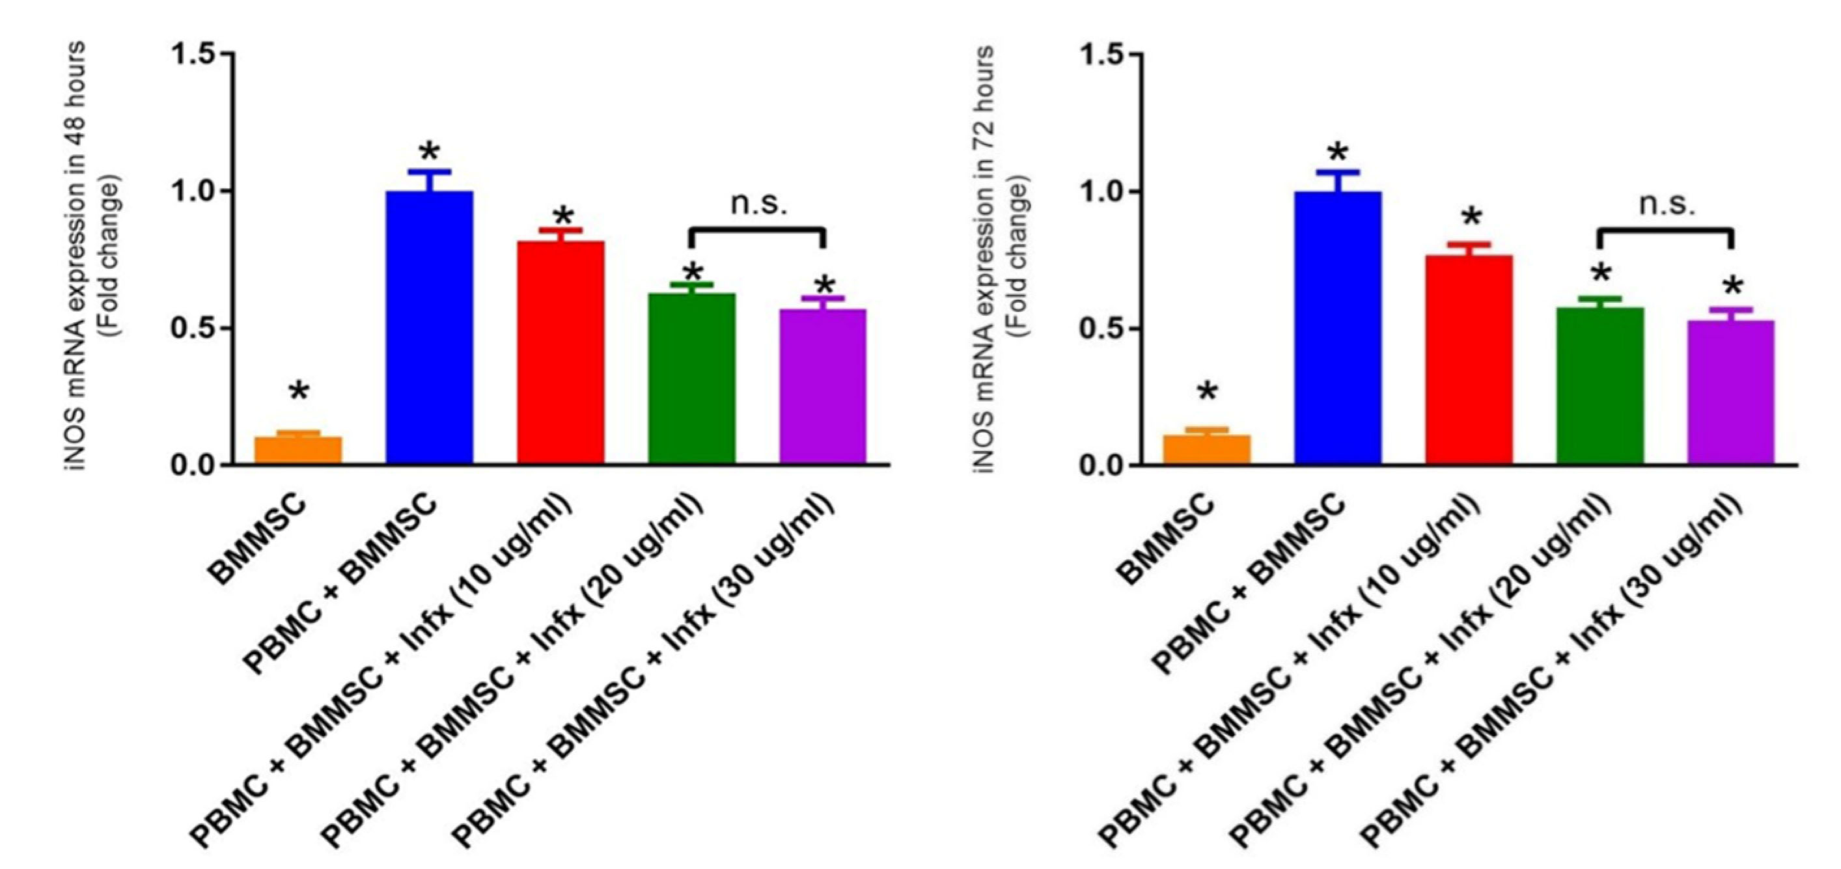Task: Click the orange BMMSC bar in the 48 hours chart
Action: click(x=298, y=450)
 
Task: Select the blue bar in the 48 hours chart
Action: click(x=429, y=328)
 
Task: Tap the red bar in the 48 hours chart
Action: click(x=561, y=353)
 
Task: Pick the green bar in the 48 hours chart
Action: click(x=692, y=379)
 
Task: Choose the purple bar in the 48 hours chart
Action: click(x=824, y=387)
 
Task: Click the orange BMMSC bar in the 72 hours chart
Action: click(x=1207, y=450)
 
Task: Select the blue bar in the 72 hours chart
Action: click(x=1338, y=329)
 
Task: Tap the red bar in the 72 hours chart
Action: click(x=1469, y=360)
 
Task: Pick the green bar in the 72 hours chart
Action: click(x=1600, y=386)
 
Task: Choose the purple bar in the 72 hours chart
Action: click(x=1731, y=393)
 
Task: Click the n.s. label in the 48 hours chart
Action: click(x=758, y=204)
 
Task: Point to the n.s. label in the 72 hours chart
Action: click(x=1666, y=204)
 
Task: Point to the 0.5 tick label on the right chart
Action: click(x=1102, y=329)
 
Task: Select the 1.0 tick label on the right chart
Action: click(x=1102, y=192)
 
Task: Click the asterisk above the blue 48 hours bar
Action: click(x=430, y=153)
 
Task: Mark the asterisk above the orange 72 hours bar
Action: click(x=1207, y=393)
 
